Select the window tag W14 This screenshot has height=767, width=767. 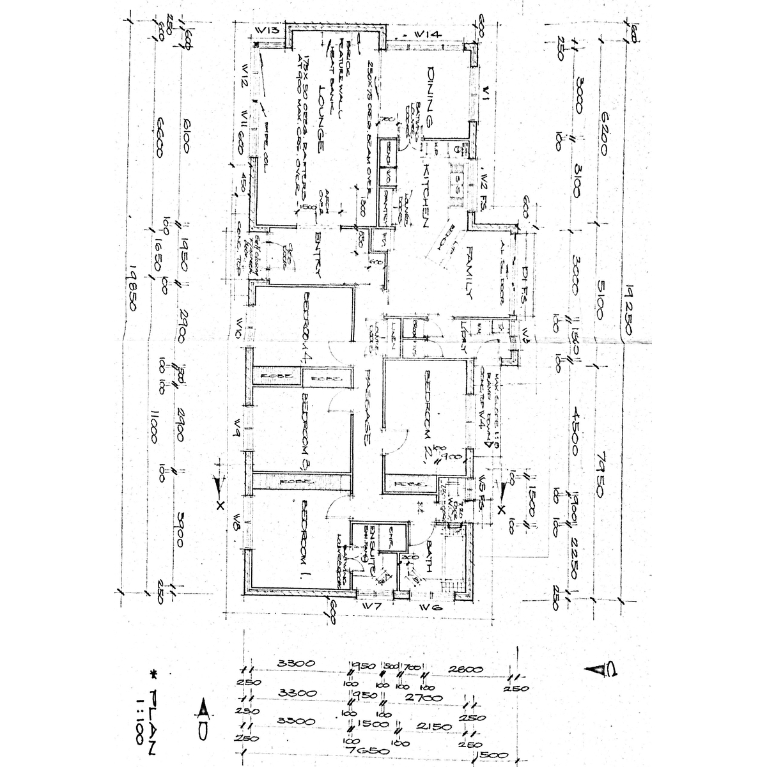coord(425,33)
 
